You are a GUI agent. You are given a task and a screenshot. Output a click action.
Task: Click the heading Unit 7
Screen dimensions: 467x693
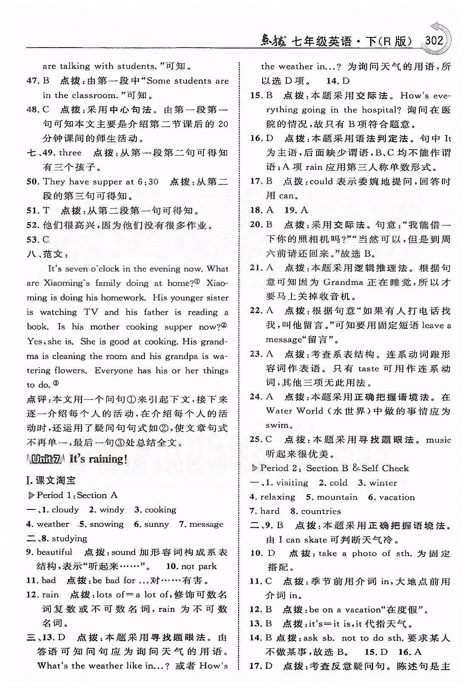[x=47, y=459]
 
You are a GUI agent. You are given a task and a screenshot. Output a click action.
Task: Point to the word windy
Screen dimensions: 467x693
[x=112, y=509]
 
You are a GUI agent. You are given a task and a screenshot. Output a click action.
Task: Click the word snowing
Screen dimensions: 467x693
[x=107, y=524]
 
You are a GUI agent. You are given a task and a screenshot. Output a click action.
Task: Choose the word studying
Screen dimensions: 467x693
[x=69, y=538]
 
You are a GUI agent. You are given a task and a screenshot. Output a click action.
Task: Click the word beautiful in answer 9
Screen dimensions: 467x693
[x=54, y=552]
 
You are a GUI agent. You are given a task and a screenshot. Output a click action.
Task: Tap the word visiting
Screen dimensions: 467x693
[x=292, y=483]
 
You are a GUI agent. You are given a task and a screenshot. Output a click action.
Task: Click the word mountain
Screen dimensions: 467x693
[x=337, y=497]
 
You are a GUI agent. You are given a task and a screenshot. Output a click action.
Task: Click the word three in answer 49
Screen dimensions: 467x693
[x=70, y=153]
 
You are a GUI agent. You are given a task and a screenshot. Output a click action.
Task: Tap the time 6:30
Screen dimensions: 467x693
[x=148, y=182]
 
